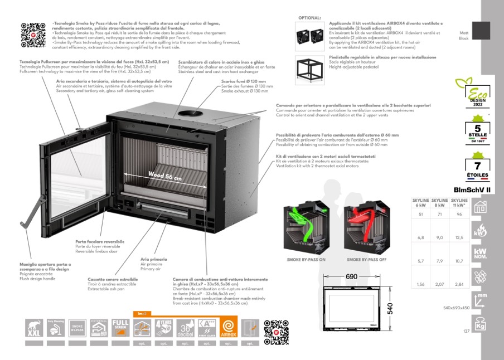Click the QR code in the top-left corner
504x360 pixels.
point(32,34)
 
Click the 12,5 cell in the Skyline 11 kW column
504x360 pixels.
point(459,238)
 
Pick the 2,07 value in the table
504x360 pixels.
point(440,284)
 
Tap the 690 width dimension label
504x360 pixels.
point(351,276)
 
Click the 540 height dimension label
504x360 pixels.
point(390,308)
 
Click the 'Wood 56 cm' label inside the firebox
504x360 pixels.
point(165,176)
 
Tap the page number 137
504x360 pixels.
point(467,332)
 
